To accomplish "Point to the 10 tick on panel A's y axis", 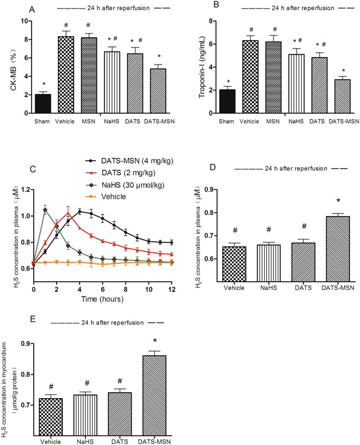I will [23, 21].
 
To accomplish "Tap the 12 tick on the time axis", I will [171, 289].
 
